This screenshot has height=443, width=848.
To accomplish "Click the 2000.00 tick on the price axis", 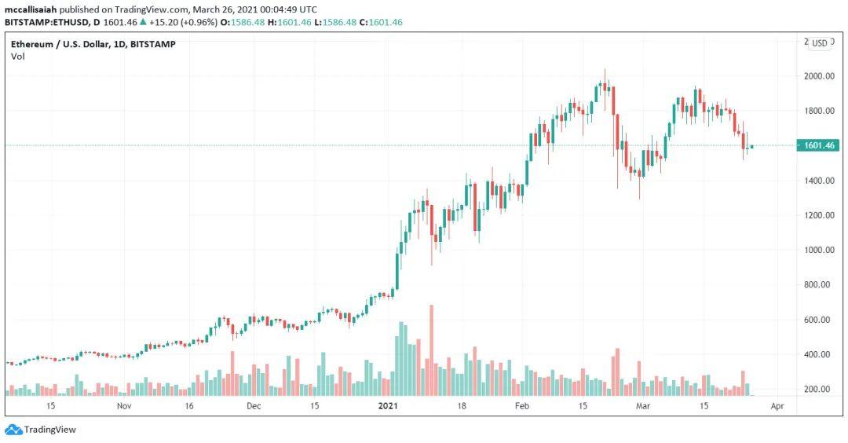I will click(x=817, y=76).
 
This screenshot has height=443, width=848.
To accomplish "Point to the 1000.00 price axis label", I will click(x=817, y=250).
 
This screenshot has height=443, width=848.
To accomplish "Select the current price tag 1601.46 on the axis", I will click(x=817, y=145).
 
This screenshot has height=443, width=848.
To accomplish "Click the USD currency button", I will click(x=820, y=43).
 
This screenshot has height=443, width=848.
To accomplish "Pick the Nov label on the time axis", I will click(x=122, y=406).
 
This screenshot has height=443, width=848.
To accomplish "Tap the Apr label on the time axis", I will click(x=777, y=406).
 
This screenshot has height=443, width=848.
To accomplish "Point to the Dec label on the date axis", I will click(x=254, y=406).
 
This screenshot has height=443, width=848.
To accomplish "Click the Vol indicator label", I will click(x=17, y=57).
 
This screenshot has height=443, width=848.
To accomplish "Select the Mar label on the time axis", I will click(x=643, y=406).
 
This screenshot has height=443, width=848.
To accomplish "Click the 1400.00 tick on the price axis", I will click(x=817, y=181).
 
